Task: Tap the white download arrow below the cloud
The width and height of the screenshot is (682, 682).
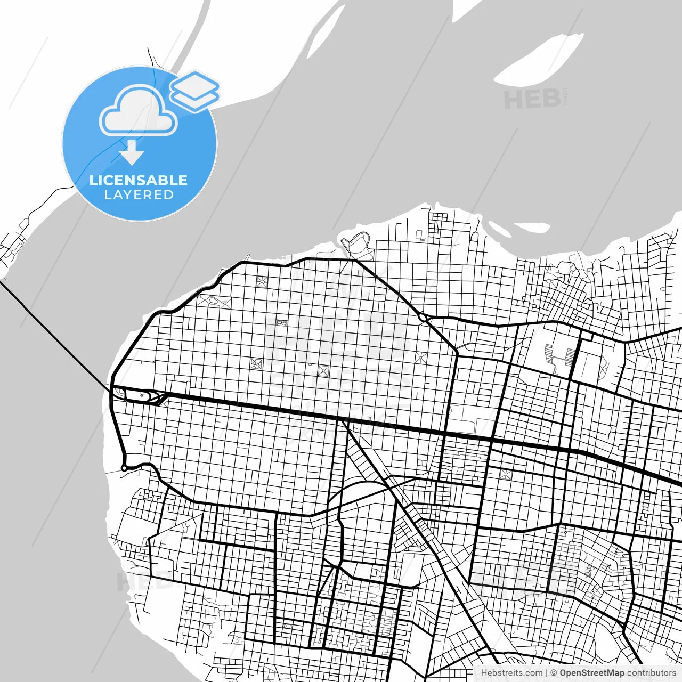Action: pos(132,153)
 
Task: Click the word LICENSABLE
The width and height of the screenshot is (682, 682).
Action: pos(139,180)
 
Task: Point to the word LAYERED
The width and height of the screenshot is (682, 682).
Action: pos(139,195)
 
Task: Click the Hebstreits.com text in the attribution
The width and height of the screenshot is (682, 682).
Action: pos(511,673)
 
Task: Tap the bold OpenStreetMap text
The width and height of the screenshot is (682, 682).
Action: pos(591,673)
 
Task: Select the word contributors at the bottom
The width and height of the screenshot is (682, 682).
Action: pos(651,673)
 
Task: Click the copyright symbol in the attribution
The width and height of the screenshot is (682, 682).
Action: pos(554,673)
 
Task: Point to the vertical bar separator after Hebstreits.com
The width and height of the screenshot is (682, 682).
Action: pos(547,673)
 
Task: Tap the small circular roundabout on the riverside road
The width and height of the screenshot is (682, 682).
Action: pos(124,468)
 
